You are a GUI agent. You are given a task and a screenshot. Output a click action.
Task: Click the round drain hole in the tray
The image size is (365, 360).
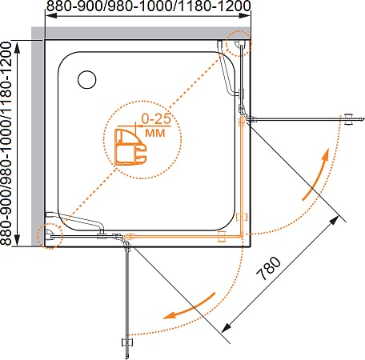click(87, 79)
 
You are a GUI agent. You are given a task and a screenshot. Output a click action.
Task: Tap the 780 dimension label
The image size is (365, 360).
click(269, 269)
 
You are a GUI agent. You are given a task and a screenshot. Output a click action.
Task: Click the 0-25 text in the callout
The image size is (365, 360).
click(156, 118)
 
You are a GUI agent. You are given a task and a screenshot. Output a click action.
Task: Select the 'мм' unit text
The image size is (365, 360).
click(155, 133)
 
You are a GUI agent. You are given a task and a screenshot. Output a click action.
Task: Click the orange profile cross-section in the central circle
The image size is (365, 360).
click(130, 147)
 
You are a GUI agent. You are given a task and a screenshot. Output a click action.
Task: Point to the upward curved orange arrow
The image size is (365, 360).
click(317, 174)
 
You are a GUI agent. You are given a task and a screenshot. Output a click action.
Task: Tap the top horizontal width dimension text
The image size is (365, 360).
click(149, 6)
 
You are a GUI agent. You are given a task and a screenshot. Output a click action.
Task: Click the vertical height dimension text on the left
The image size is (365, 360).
click(6, 143)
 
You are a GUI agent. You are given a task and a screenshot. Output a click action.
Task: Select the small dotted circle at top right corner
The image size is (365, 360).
click(239, 43)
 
